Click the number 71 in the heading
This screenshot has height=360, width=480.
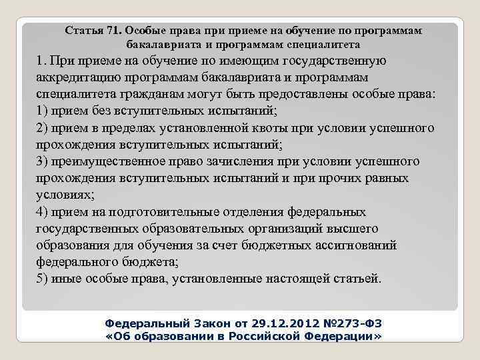(x=111, y=31)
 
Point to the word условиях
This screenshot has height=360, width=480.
(x=63, y=195)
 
